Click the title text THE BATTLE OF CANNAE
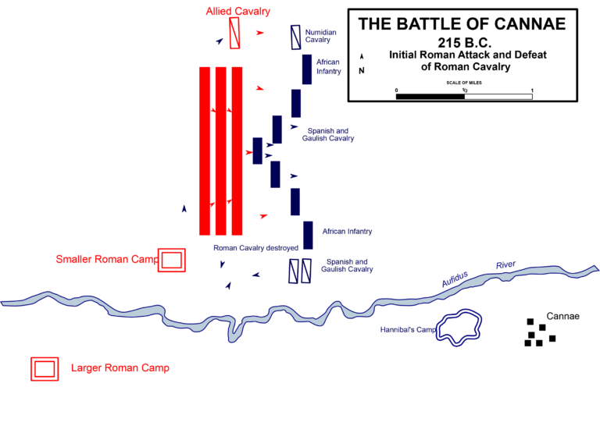462,23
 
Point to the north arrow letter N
361,71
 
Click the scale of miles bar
464,97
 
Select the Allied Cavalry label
238,11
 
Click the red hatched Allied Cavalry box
234,32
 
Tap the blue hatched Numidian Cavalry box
295,37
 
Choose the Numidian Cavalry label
320,36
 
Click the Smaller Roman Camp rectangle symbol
172,260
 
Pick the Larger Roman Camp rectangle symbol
45,368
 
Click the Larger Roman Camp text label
120,368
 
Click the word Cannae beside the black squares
562,316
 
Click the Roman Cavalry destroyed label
256,248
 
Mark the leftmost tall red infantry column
205,151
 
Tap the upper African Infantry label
329,66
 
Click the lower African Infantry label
347,232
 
